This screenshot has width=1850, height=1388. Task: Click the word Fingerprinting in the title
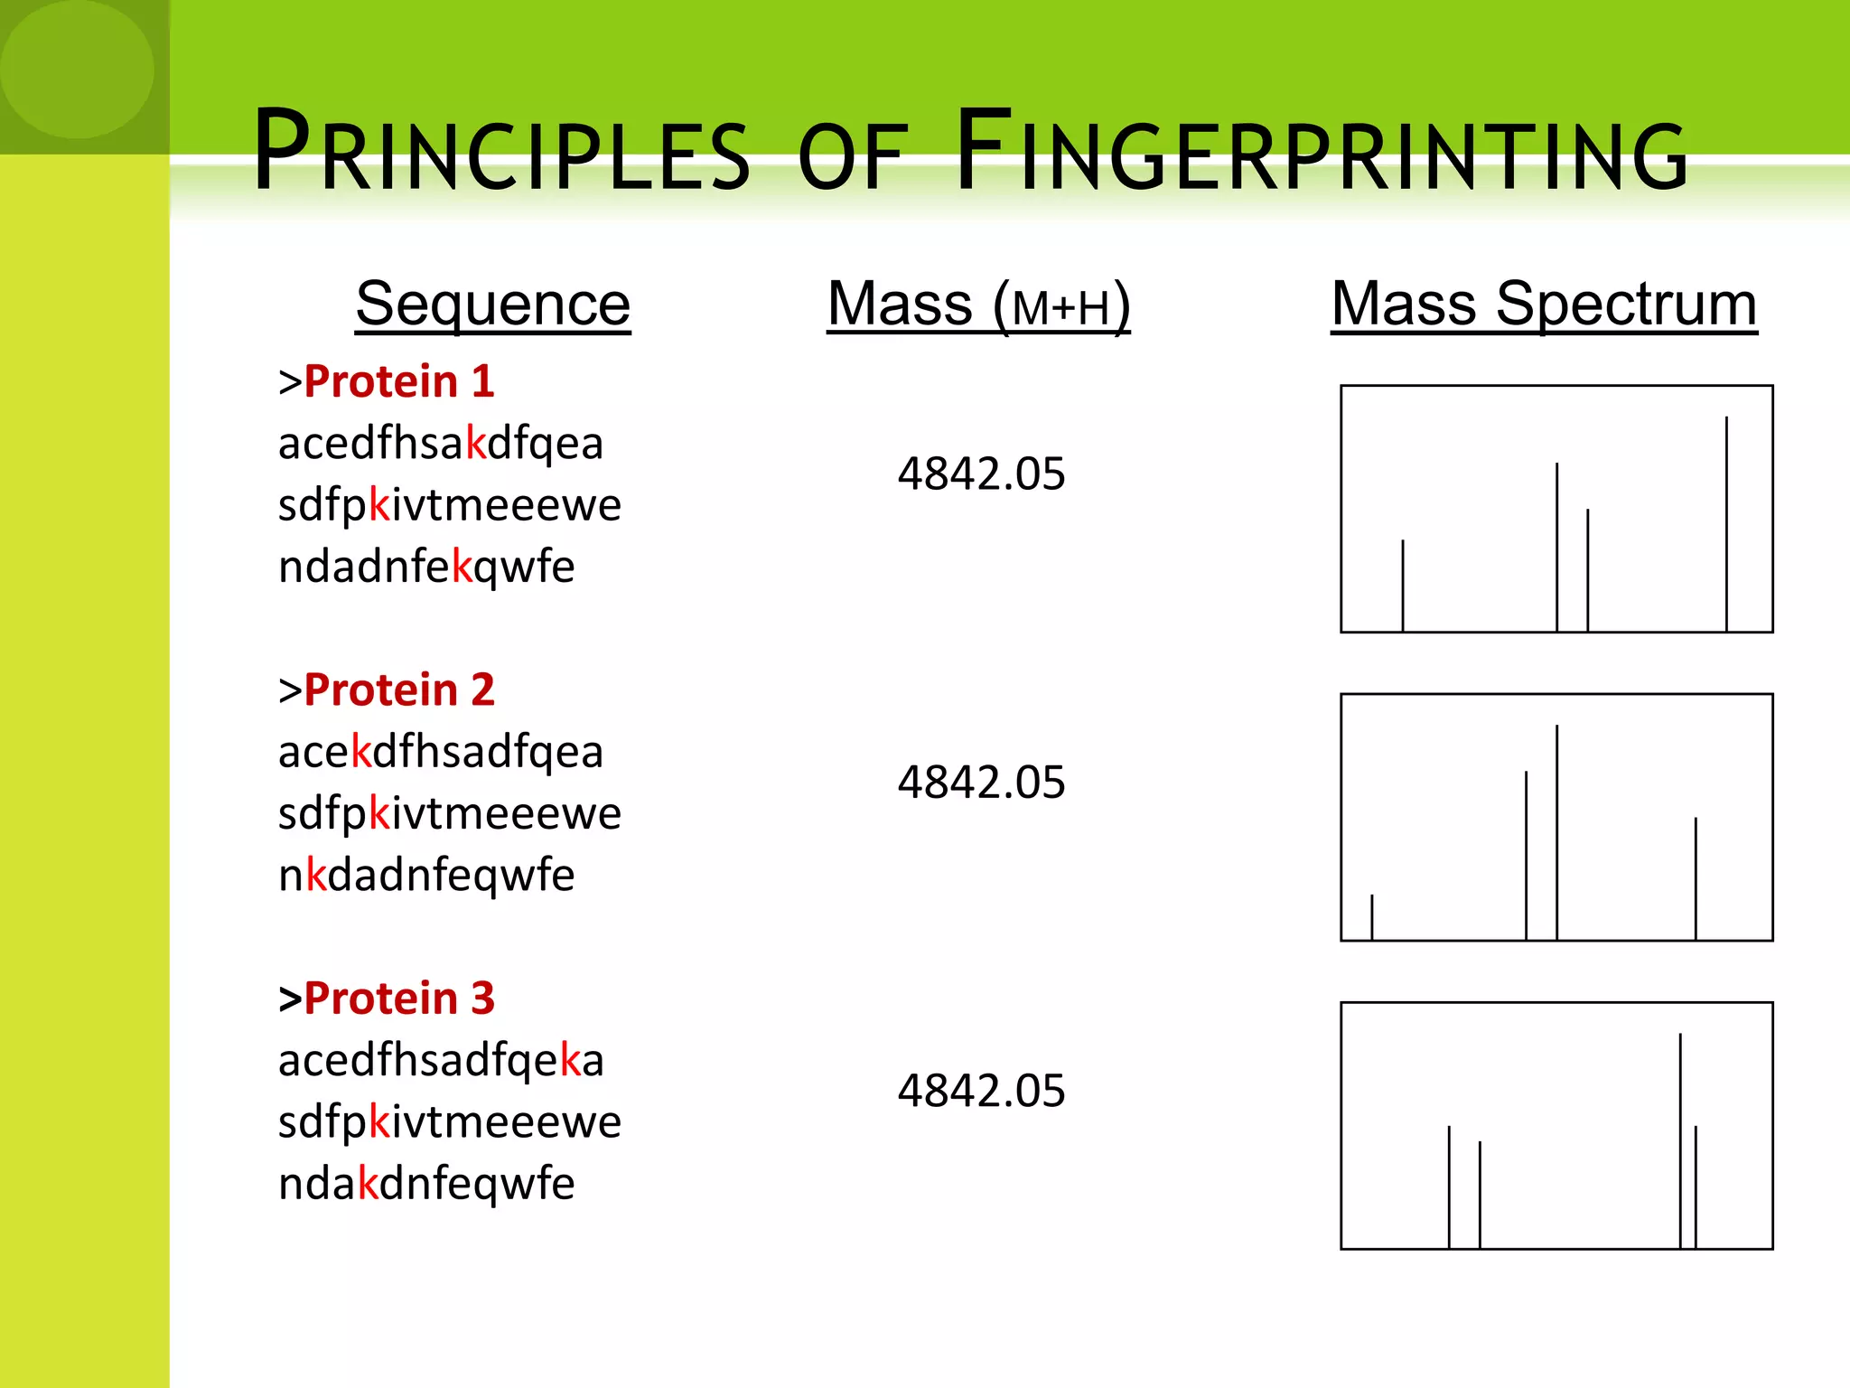tap(1321, 154)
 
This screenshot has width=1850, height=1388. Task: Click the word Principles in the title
tap(501, 154)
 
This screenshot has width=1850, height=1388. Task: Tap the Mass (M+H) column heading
tap(978, 305)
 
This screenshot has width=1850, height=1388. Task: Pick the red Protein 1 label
tap(398, 381)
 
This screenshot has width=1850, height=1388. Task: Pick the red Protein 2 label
tap(398, 690)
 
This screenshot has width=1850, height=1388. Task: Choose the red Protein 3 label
tap(398, 999)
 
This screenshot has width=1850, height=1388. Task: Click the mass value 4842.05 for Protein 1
tap(981, 474)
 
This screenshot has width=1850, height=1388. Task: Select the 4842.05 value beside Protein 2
tap(981, 782)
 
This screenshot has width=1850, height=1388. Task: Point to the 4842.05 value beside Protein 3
tap(981, 1091)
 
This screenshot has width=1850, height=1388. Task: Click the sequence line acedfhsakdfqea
tap(440, 444)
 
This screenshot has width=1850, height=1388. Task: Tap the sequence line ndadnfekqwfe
tap(425, 567)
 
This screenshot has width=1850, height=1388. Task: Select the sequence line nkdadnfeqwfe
tap(425, 875)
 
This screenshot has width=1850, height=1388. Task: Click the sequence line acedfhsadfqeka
tap(440, 1060)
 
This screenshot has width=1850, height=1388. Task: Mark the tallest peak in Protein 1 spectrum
tap(1726, 524)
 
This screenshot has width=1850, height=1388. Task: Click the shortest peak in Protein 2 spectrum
tap(1372, 917)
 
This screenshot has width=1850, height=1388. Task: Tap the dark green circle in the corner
tap(77, 70)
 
